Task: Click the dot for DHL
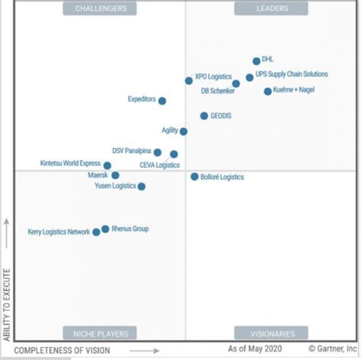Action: coord(257,61)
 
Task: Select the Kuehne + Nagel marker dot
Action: coord(267,92)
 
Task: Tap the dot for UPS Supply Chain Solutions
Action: coord(250,77)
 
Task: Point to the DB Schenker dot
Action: coord(236,84)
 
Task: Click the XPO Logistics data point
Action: coord(189,80)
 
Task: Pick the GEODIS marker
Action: coord(204,116)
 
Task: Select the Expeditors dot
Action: coord(162,101)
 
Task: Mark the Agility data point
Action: coord(183,131)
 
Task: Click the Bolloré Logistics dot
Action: coord(195,176)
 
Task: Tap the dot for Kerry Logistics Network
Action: coord(96,232)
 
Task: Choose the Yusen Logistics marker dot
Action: coord(141,186)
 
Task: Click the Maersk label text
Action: coord(98,175)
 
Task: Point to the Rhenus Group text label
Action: coord(130,229)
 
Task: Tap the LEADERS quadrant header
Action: coord(272,9)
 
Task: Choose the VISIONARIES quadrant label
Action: coord(272,333)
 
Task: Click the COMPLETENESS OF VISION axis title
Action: coord(62,351)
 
